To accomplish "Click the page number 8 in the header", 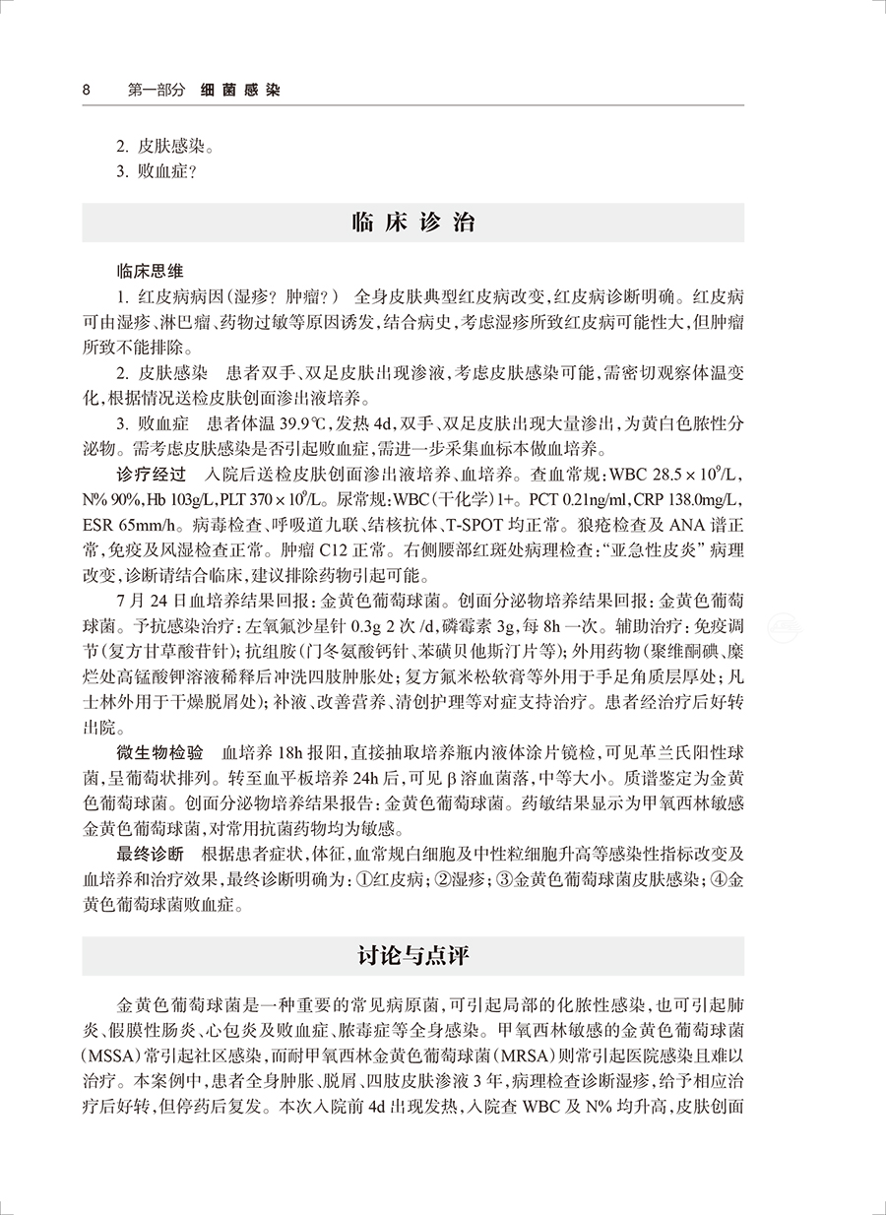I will point(86,90).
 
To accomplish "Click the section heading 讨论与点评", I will point(412,956).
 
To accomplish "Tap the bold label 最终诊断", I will point(149,854).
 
